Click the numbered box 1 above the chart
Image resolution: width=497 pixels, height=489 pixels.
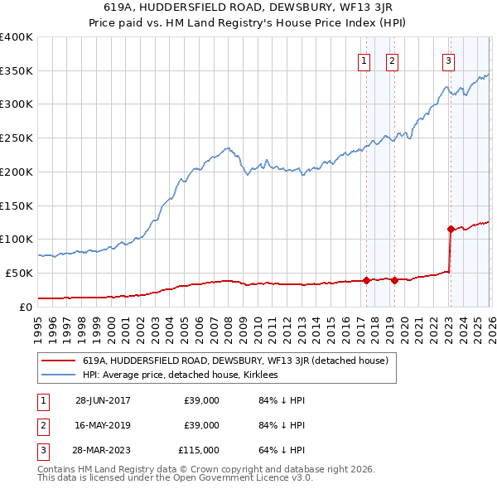[364, 60]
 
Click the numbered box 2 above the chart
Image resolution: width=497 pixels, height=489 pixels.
[392, 60]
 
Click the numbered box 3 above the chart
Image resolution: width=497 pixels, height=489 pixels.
[448, 60]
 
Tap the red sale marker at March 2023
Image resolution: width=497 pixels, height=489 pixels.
[450, 229]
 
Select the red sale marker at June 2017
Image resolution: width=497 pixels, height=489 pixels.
[366, 280]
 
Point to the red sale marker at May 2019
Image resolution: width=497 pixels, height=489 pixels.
[394, 280]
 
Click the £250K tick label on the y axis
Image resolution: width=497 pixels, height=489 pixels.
[17, 138]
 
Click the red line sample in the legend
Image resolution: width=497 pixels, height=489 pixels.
[58, 361]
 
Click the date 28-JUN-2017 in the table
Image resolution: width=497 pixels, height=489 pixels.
[103, 400]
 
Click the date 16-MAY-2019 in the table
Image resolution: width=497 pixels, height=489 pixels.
[103, 425]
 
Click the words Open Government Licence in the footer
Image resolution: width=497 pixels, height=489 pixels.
[233, 478]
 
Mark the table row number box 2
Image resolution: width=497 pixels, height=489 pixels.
[40, 425]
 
